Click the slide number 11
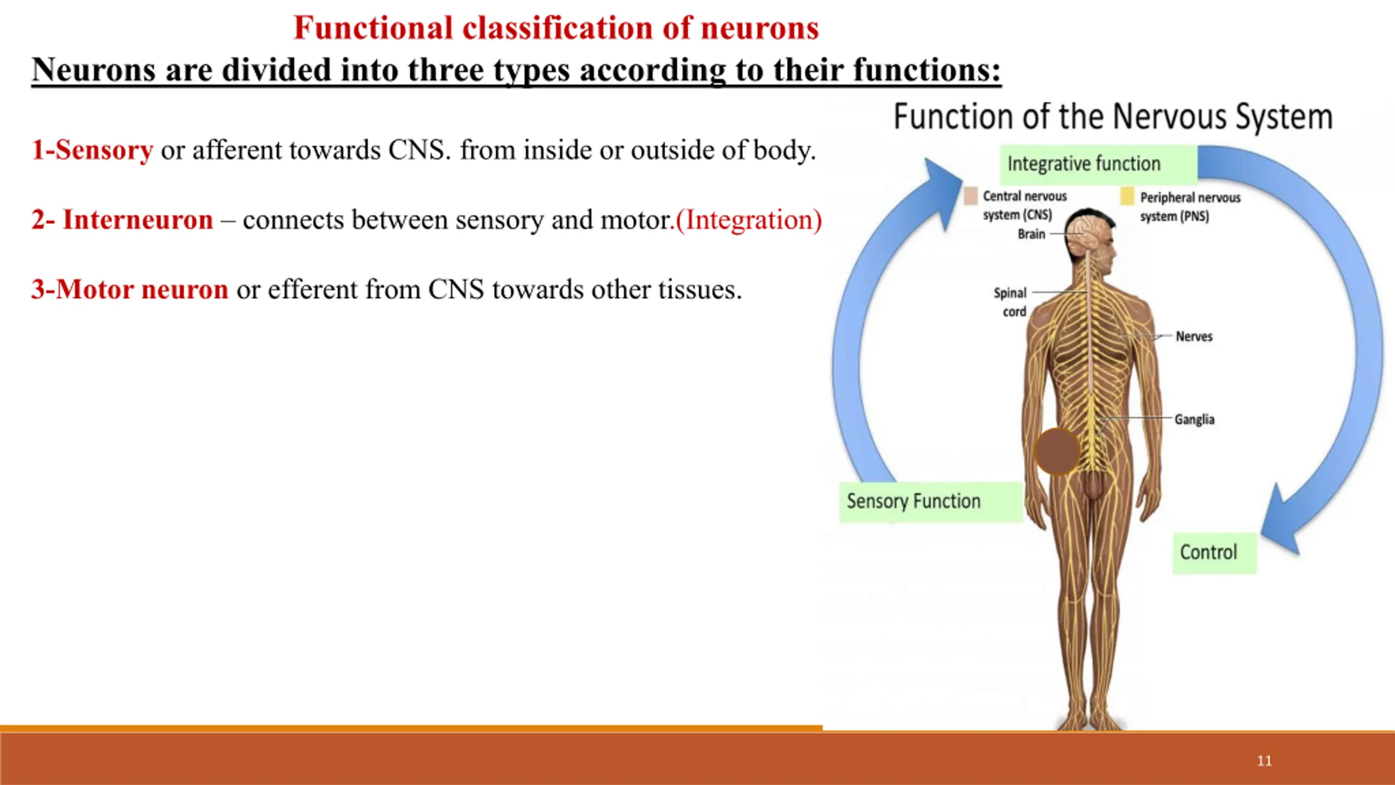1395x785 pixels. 1264,760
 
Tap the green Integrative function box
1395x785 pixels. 1099,164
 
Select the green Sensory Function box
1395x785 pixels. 931,502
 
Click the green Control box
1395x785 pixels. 1215,553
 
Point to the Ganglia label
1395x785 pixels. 1194,419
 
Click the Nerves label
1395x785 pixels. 1194,336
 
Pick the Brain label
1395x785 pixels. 1032,234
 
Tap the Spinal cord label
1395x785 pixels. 1010,302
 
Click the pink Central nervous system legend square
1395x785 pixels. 971,196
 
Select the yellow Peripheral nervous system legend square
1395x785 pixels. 1127,196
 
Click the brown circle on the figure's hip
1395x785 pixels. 1057,451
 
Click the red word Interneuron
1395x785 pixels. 138,220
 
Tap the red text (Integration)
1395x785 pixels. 749,220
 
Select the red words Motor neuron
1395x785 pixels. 142,289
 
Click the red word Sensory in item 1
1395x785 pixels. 104,150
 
